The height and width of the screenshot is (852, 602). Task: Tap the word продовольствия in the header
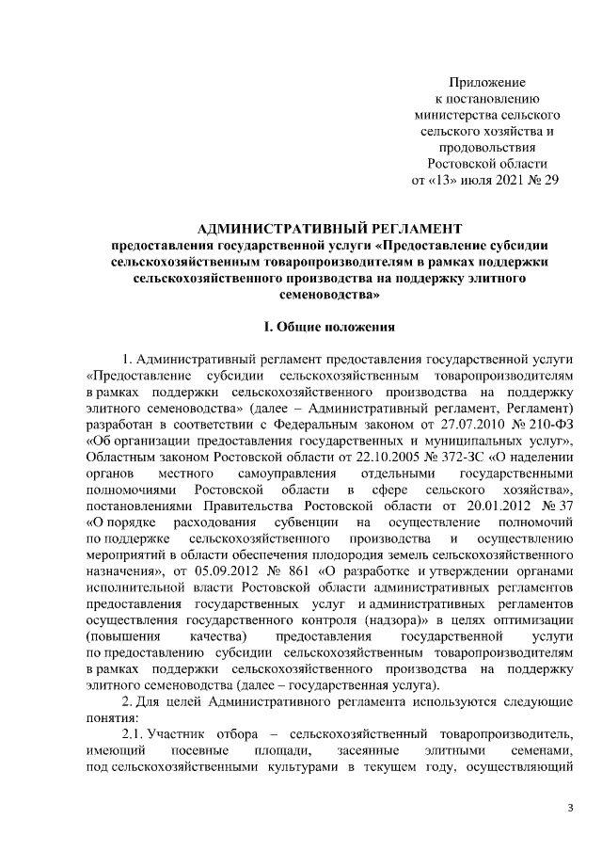coord(487,146)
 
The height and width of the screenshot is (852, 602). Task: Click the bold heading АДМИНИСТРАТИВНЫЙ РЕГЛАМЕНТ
coord(329,229)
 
